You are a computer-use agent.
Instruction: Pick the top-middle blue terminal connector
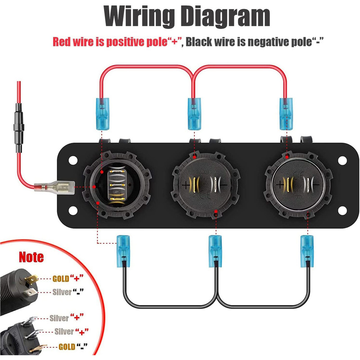pos(193,113)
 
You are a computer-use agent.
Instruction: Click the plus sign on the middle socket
pos(186,184)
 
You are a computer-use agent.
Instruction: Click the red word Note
pos(31,257)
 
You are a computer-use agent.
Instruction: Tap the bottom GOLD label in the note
pos(67,347)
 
